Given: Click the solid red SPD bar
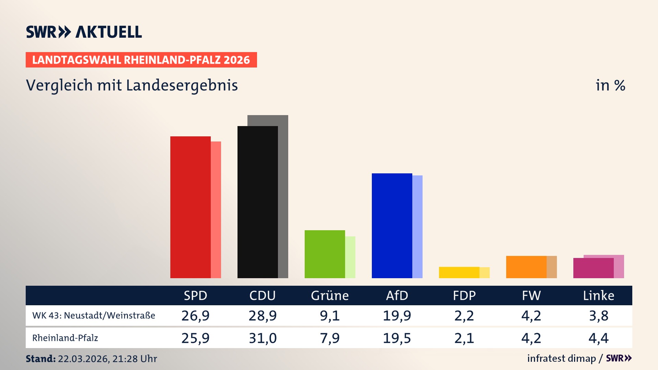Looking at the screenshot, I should (x=190, y=207).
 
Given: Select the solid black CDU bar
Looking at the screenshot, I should (x=257, y=202).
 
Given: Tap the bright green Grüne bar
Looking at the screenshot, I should (x=325, y=254).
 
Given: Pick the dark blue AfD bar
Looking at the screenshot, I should (x=392, y=226).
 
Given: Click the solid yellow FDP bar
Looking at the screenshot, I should (x=459, y=272).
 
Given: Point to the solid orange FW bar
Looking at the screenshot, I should (x=526, y=267).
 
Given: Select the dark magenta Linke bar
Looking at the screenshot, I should (x=593, y=268).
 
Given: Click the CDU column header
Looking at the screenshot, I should (x=262, y=296).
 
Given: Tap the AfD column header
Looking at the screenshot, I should (x=397, y=296).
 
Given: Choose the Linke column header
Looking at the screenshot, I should (x=598, y=296).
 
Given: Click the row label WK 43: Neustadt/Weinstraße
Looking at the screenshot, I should (x=94, y=316).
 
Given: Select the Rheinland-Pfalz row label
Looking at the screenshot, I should (x=65, y=338).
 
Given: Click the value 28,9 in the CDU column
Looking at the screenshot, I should (x=263, y=316).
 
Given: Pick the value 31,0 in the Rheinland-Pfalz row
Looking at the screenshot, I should (x=263, y=338).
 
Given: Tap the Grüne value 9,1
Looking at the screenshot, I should (x=330, y=316).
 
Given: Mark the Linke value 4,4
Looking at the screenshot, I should (x=598, y=338).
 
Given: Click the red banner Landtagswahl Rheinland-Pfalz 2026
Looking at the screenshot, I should (x=141, y=60).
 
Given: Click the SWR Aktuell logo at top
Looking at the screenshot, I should (x=84, y=32).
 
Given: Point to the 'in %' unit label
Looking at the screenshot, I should (x=610, y=85).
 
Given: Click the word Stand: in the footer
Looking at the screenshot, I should (x=40, y=359).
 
